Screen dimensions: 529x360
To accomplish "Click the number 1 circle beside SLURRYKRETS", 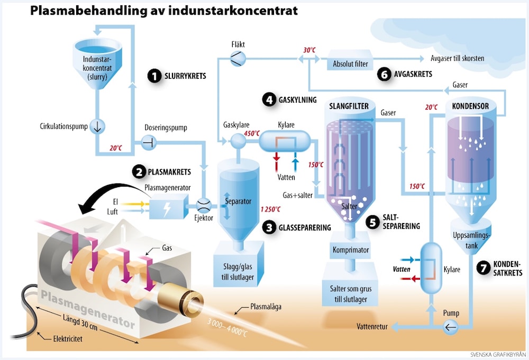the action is point(154,76).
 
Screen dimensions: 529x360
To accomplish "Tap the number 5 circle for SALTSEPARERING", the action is point(373,223).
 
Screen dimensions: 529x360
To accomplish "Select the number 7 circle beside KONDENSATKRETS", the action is point(484,268).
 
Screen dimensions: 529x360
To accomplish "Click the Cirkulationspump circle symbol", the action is point(97,126).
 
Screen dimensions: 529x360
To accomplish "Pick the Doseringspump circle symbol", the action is point(149,143).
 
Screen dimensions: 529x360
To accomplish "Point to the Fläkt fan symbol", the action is point(238,58).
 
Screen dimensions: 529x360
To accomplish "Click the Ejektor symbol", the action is point(204,205).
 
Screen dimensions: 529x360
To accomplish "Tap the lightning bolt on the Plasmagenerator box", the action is point(167,209).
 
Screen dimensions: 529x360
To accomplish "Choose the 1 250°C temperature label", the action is point(270,209).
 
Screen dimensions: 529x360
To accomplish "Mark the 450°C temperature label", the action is point(252,134).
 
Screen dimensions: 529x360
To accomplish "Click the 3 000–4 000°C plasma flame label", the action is point(227,327).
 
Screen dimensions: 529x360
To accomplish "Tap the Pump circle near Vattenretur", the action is point(450,327).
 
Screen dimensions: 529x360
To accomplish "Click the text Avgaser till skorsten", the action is point(457,58).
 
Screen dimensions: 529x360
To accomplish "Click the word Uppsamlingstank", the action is point(471,240).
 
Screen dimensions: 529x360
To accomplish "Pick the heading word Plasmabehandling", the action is point(89,11).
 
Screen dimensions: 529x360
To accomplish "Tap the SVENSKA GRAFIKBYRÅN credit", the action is point(498,355).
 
